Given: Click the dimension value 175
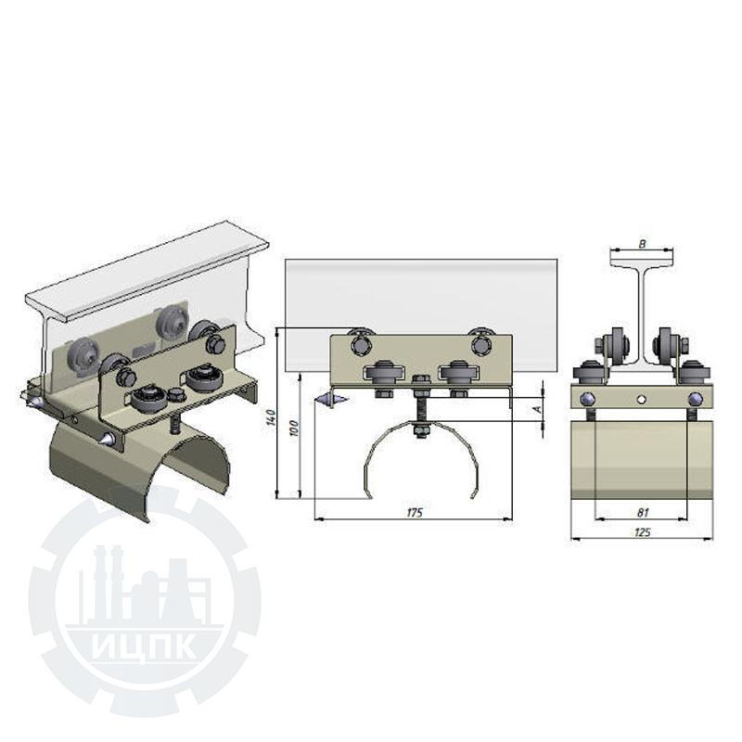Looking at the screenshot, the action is coord(414,513).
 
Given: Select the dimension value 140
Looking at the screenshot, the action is coord(271,418).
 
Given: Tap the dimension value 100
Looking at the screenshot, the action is coord(293,429).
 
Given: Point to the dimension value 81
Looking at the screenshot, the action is coord(643,512).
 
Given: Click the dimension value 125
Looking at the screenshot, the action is coord(642,532).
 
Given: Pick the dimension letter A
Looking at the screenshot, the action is coord(537,408).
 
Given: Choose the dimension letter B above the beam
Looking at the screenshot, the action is coord(642,244).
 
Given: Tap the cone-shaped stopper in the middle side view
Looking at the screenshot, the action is coord(332,400).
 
